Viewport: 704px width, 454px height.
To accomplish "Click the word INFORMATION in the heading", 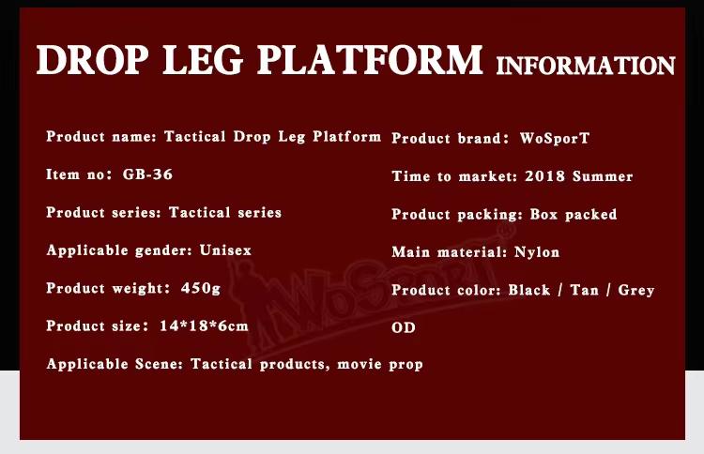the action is tap(586, 66).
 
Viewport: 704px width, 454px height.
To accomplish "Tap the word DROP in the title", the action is tap(92, 60).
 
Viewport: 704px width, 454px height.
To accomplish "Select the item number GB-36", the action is tap(147, 174).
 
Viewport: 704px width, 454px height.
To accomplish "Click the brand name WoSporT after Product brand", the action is tap(555, 138).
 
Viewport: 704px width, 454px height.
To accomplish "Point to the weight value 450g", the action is tap(201, 288).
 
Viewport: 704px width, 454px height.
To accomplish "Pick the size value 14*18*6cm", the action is tap(204, 325).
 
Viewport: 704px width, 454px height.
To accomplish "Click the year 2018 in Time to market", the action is tap(544, 175).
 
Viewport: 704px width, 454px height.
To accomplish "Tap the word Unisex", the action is tap(225, 250).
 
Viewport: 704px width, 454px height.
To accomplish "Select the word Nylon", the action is tap(537, 252).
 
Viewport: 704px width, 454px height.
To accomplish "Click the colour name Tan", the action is tap(585, 290).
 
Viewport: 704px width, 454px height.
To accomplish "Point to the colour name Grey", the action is tap(636, 290).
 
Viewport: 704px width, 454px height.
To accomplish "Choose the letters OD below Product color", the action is tap(404, 327).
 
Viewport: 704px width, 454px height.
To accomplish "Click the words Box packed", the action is tap(574, 215).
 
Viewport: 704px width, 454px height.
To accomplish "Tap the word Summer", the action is tap(603, 175).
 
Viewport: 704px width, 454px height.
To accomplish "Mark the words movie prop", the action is tap(380, 364).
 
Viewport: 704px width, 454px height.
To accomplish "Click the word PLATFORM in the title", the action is tap(370, 60).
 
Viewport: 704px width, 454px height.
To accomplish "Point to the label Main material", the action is tap(450, 252).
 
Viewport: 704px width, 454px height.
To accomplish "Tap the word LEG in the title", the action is tap(203, 60).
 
